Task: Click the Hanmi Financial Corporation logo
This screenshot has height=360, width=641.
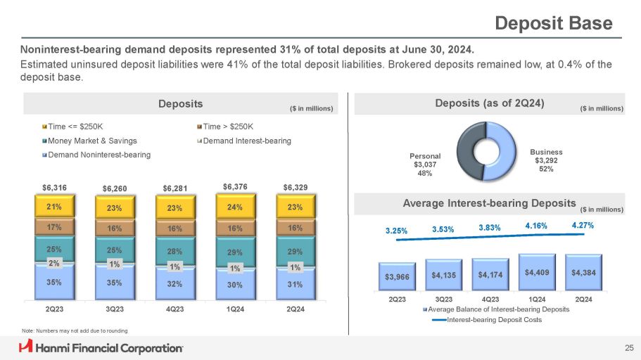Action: (101, 347)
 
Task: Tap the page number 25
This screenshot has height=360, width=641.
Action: (628, 347)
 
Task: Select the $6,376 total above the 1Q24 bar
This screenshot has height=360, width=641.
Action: (235, 186)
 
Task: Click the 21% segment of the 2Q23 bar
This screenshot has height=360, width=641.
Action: (53, 207)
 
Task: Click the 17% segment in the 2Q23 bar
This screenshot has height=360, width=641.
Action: (53, 228)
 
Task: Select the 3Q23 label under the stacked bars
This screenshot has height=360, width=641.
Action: (114, 309)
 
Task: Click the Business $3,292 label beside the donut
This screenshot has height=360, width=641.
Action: (551, 159)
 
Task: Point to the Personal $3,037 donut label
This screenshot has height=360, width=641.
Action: (424, 165)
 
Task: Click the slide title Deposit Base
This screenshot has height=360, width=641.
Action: (554, 23)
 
